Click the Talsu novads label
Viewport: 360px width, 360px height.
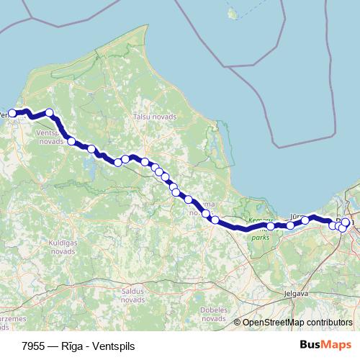click(x=150, y=116)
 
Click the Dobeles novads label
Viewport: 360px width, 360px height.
click(x=210, y=314)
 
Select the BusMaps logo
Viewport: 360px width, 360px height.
click(x=325, y=345)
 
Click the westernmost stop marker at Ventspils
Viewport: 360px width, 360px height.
click(x=12, y=113)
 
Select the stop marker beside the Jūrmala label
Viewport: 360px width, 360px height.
click(x=305, y=220)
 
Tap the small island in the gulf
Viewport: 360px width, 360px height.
click(x=232, y=13)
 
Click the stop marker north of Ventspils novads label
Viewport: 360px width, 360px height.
click(x=50, y=112)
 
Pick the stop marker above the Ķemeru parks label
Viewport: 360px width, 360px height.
click(x=271, y=226)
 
